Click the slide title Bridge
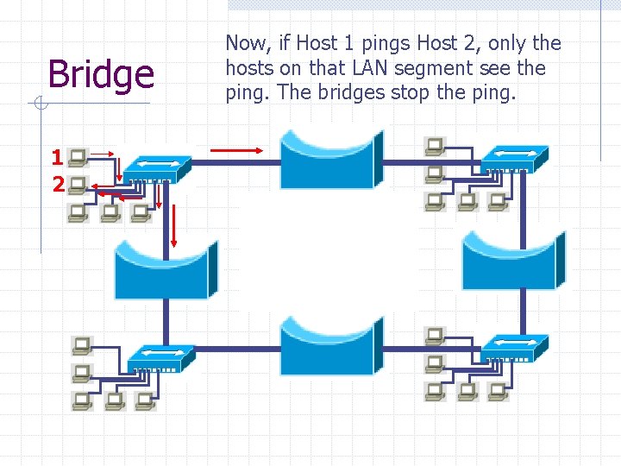101,75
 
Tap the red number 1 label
57,157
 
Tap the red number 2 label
57,184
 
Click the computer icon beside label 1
78,157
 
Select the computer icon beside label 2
78,184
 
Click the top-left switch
156,168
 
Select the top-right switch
514,158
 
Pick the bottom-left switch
160,356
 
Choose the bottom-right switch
514,346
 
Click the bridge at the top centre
331,161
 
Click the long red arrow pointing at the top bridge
237,150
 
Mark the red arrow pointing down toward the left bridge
172,227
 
